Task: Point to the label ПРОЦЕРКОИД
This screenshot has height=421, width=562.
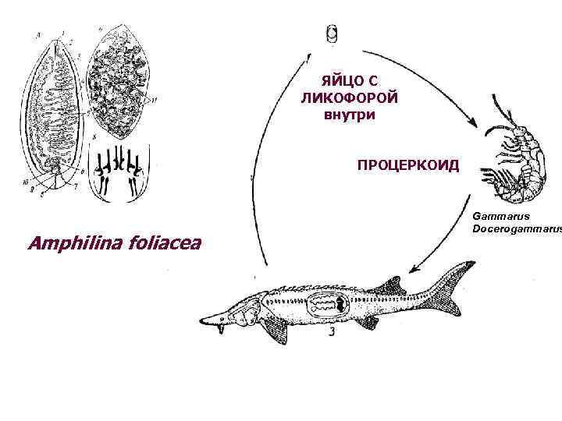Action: coord(408,166)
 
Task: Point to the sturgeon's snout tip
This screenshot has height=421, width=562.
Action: coord(204,320)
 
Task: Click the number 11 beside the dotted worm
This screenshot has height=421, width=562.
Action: coord(155,99)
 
